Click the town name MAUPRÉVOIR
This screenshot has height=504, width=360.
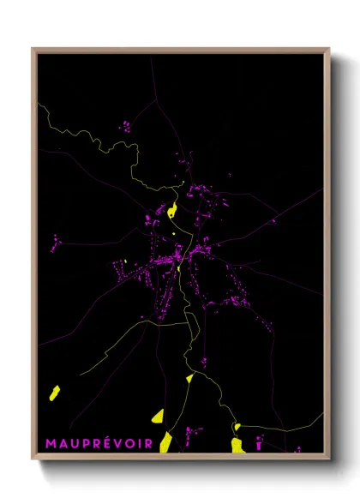coord(99,443)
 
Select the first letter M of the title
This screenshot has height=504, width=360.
coord(50,443)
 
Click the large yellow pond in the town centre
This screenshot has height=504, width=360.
coord(173,210)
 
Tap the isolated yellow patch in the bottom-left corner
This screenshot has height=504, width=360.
coord(54,393)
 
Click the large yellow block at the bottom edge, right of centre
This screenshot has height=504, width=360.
coord(237,445)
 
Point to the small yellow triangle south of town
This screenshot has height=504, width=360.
coord(189,377)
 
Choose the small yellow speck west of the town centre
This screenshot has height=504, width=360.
coord(123,261)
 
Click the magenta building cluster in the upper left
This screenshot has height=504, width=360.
coord(125,128)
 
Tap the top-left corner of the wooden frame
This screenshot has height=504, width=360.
coord(33,49)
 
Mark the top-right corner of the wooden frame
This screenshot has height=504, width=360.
coord(328,49)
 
